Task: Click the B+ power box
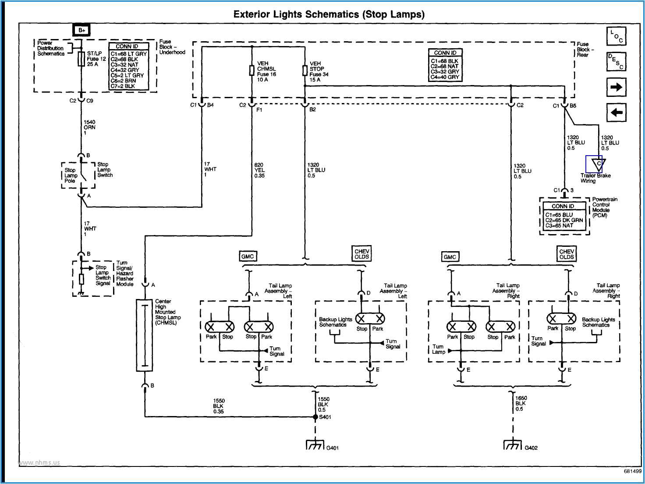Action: click(82, 30)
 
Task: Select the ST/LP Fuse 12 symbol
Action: click(81, 59)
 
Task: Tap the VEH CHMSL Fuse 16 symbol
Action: click(252, 70)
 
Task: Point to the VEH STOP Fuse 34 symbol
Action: click(305, 70)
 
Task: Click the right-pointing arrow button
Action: click(616, 87)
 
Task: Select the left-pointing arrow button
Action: click(616, 113)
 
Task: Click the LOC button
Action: click(616, 36)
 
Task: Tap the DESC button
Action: click(616, 62)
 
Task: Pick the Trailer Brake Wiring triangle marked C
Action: click(598, 164)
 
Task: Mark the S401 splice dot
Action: click(315, 417)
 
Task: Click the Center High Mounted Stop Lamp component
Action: click(144, 335)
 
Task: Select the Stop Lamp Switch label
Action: click(105, 170)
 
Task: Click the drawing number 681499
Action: click(632, 471)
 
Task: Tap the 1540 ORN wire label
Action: click(89, 127)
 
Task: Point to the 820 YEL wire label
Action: click(259, 171)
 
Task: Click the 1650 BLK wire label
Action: click(521, 403)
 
